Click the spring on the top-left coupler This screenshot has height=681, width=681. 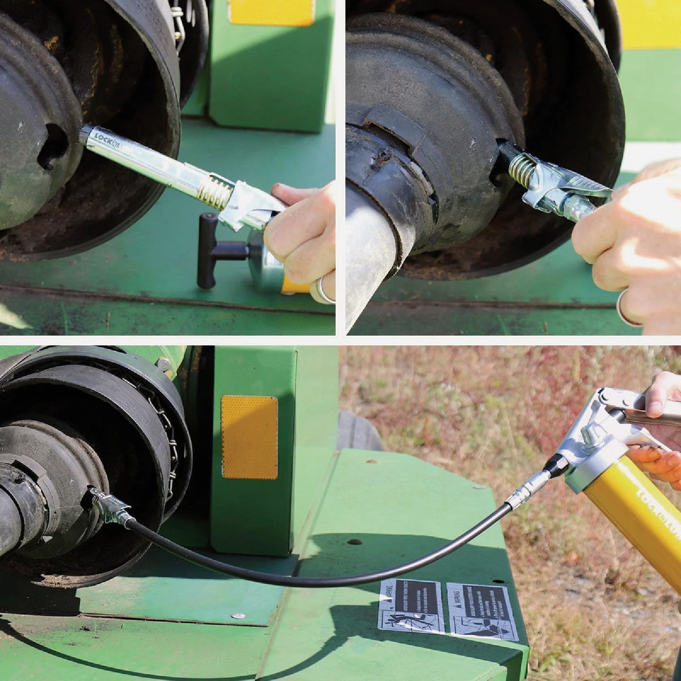coord(215,192)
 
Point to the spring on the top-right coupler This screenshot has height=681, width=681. coord(522,170)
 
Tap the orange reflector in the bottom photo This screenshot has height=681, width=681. coord(249,437)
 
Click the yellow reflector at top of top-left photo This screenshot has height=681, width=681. coord(271,12)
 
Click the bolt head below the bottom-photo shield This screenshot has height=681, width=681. coord(239,615)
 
